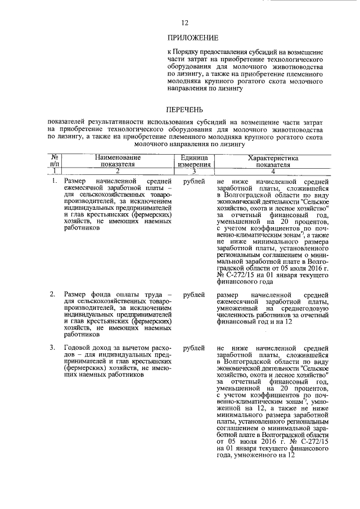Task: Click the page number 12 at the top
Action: click(184, 23)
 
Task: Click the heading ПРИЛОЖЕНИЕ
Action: click(192, 38)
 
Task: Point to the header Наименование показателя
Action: click(118, 161)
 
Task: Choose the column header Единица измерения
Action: click(193, 161)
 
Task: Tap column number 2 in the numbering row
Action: click(118, 171)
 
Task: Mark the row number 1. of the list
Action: click(54, 182)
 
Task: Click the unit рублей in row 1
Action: click(194, 182)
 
